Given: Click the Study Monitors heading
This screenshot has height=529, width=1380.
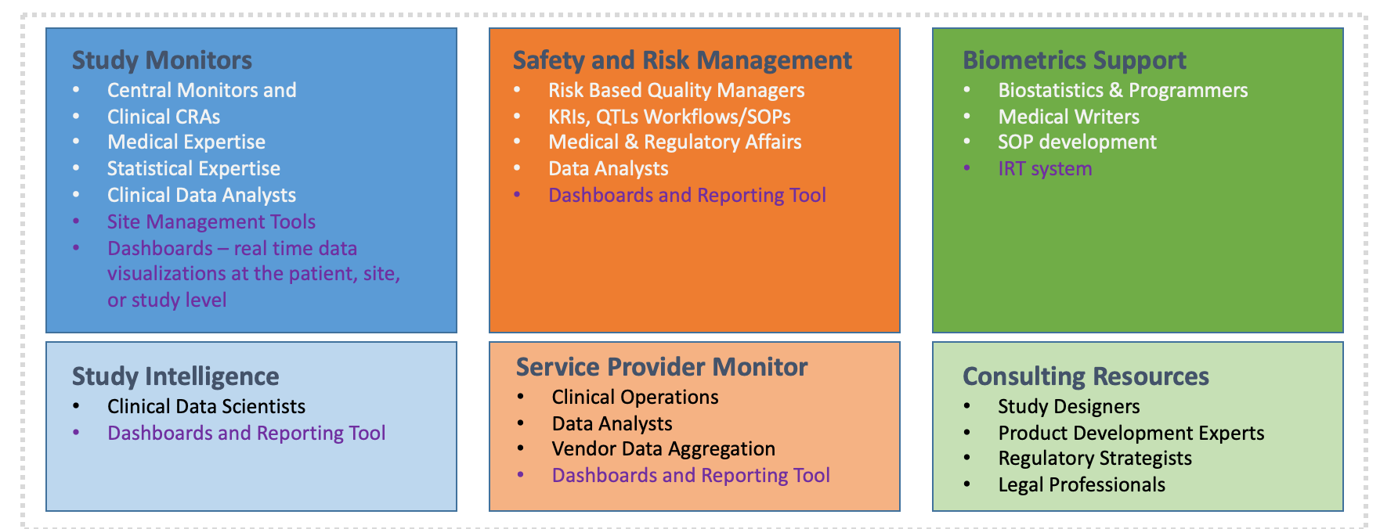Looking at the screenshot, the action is pyautogui.click(x=162, y=60).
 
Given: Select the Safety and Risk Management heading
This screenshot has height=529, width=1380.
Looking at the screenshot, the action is pyautogui.click(x=682, y=60).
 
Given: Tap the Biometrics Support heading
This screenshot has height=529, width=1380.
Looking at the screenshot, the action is pyautogui.click(x=1075, y=60).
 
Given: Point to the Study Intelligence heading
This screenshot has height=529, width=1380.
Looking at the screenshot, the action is pyautogui.click(x=175, y=376).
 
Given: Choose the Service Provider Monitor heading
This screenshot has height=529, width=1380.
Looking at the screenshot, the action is pyautogui.click(x=662, y=367).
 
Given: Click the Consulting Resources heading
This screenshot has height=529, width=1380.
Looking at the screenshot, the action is pyautogui.click(x=1086, y=376).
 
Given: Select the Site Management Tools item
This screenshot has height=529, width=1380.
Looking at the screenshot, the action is pyautogui.click(x=211, y=222).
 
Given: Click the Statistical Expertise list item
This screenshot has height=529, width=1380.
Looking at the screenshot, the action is pyautogui.click(x=193, y=169).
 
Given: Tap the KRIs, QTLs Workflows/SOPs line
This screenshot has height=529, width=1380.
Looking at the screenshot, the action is pyautogui.click(x=670, y=117).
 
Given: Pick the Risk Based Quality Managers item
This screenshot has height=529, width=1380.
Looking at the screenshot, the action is pyautogui.click(x=677, y=91).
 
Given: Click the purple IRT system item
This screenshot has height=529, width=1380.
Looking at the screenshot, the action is pyautogui.click(x=1045, y=169).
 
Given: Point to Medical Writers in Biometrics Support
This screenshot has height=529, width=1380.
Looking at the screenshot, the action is pyautogui.click(x=1069, y=117).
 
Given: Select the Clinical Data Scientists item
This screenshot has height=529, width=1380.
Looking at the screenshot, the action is pyautogui.click(x=206, y=407).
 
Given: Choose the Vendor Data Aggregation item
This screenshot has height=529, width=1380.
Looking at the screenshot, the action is pyautogui.click(x=663, y=449).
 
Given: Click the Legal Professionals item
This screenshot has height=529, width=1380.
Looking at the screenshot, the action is pyautogui.click(x=1082, y=485).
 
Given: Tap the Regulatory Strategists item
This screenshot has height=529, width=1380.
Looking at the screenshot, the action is pyautogui.click(x=1095, y=459).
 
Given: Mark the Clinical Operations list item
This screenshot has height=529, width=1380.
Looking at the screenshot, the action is pyautogui.click(x=635, y=398).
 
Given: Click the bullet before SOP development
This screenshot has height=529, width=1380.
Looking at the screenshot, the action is pyautogui.click(x=967, y=142).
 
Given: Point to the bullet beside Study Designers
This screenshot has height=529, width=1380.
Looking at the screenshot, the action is pyautogui.click(x=967, y=407).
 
